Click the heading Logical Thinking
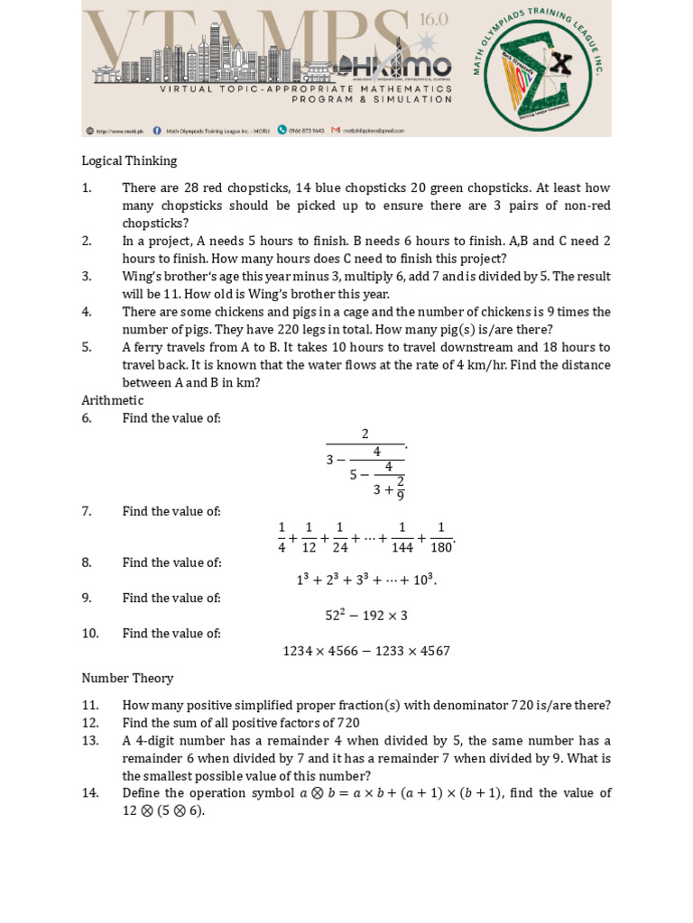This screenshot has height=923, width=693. click(x=129, y=160)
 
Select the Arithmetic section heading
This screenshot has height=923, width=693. click(x=112, y=400)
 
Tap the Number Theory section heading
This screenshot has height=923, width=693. click(x=127, y=678)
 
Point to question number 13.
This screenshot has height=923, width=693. click(x=89, y=740)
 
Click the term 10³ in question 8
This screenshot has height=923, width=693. click(x=423, y=580)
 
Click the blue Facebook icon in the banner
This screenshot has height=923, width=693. click(x=157, y=130)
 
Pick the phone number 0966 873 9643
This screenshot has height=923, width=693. click(x=306, y=130)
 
